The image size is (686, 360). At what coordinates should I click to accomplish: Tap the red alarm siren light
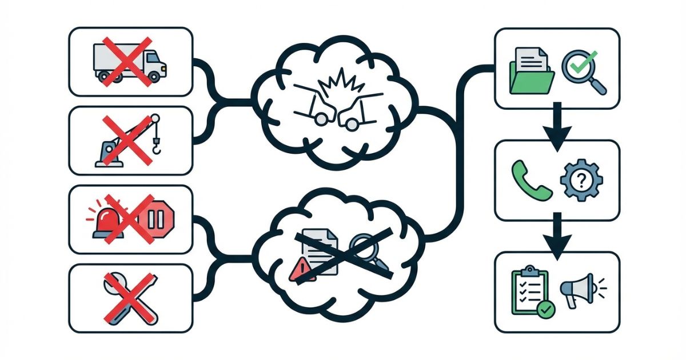[107, 219]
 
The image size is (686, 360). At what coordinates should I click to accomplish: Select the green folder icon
[532, 72]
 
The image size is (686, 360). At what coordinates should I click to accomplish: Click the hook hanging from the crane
[155, 146]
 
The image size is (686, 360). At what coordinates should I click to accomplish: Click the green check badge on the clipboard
[547, 309]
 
